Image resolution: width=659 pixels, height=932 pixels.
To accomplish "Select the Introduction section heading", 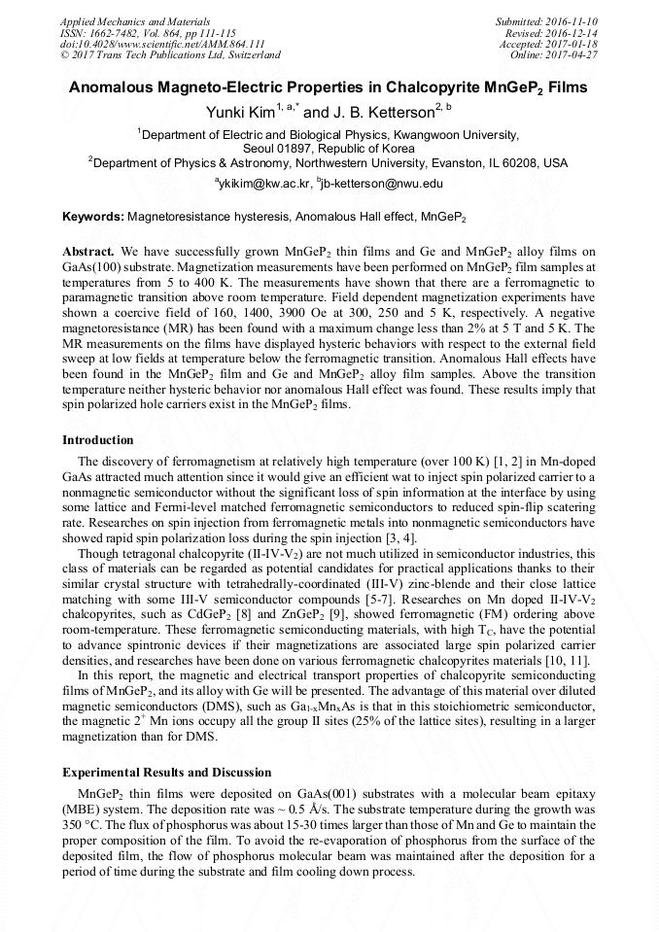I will click(x=98, y=440).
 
